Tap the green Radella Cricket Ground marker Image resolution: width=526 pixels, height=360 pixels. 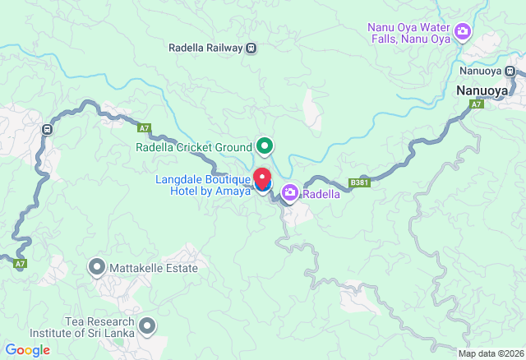(265, 147)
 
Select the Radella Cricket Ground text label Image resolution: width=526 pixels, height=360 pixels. (194, 148)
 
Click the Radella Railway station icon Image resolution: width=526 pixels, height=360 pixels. (251, 48)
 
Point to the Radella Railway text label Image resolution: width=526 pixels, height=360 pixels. (205, 48)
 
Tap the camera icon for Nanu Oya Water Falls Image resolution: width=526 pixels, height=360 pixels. (463, 32)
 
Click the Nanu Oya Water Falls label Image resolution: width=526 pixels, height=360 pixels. (409, 32)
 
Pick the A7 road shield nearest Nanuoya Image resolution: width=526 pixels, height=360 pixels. (477, 104)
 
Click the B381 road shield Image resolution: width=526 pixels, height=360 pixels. (358, 182)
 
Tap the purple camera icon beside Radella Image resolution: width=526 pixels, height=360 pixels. (289, 194)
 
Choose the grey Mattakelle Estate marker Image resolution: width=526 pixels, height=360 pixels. (97, 268)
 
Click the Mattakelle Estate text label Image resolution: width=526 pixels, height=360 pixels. (154, 269)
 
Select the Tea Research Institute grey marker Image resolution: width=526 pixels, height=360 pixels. (147, 327)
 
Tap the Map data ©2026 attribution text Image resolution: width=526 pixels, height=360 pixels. (490, 353)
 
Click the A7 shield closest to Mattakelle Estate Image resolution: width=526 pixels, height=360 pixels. (20, 264)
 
